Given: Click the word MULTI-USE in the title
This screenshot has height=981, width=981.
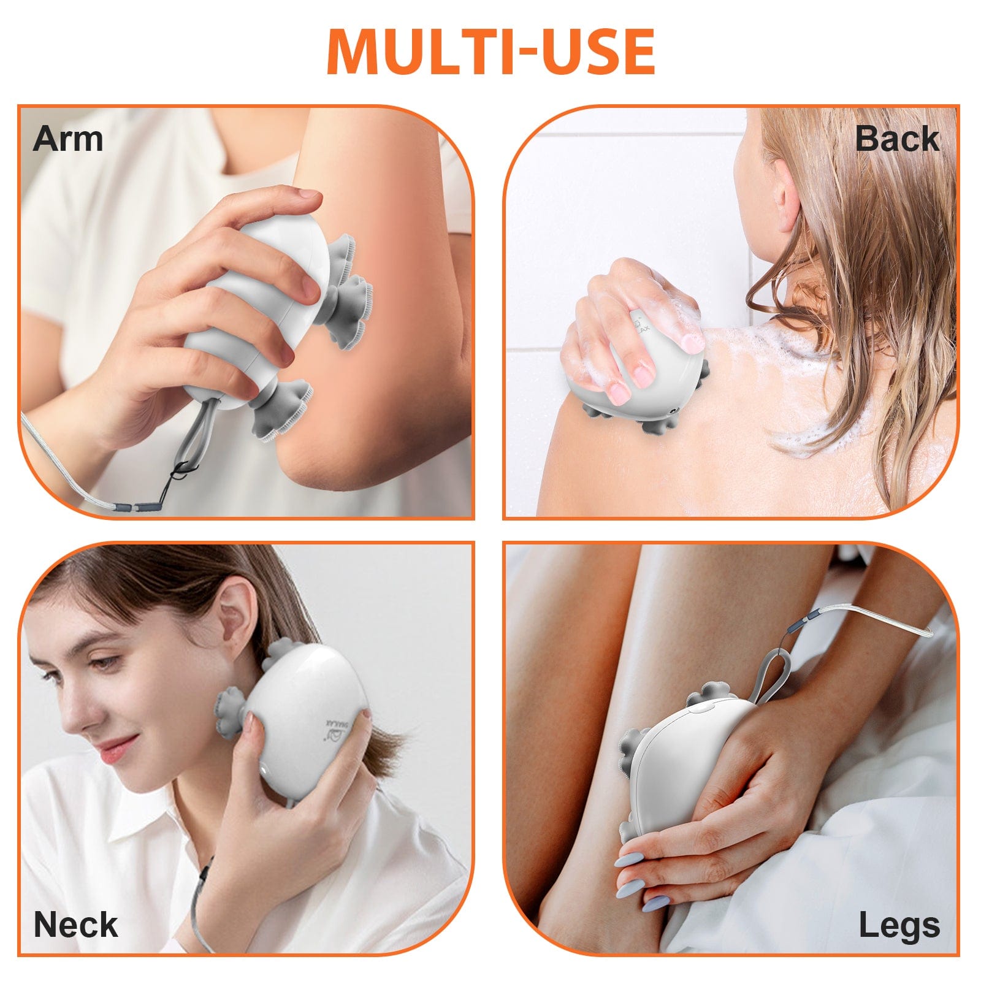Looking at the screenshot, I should pyautogui.click(x=490, y=52).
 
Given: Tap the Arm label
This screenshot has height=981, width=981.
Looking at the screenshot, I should pyautogui.click(x=68, y=139).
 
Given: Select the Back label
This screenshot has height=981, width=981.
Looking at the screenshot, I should pyautogui.click(x=896, y=139).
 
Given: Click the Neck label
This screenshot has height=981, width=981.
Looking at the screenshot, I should pyautogui.click(x=75, y=924).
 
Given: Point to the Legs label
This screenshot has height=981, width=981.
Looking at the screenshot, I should pyautogui.click(x=899, y=925).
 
